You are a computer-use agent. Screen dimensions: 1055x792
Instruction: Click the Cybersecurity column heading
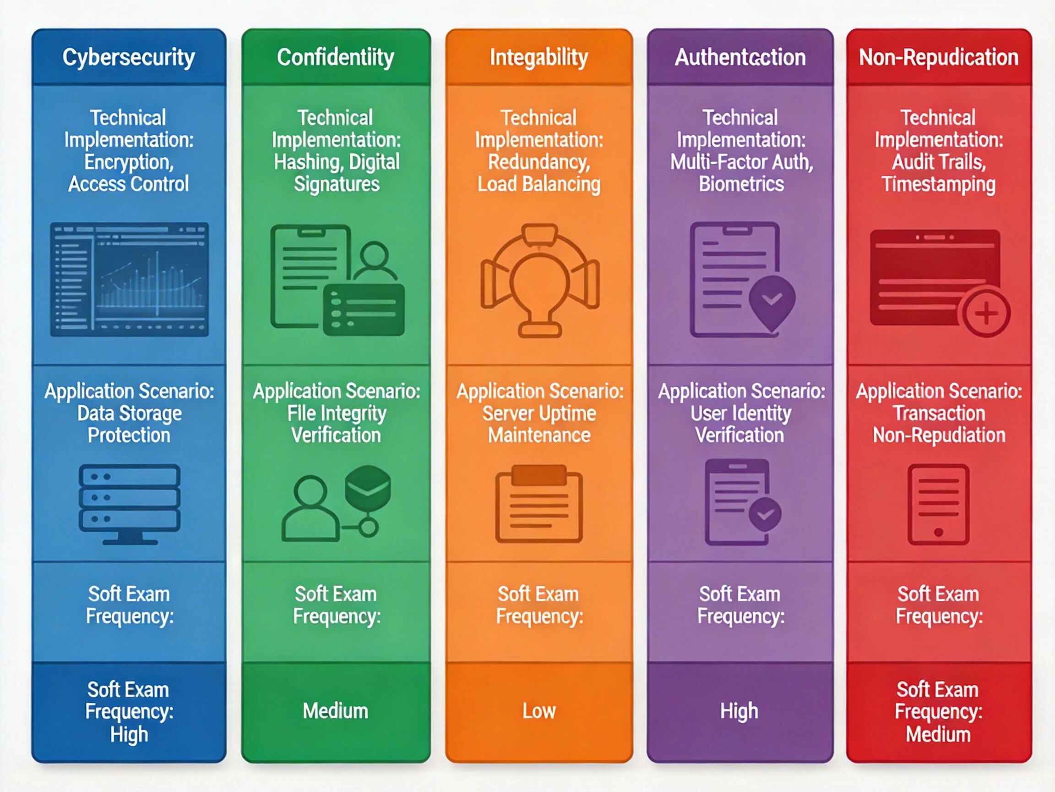click(129, 58)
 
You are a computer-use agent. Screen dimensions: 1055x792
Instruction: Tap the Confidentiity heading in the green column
click(336, 58)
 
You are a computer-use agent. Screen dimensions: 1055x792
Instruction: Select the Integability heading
click(539, 58)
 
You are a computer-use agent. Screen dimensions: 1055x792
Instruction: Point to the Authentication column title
click(740, 58)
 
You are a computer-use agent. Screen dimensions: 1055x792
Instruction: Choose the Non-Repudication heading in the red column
click(939, 58)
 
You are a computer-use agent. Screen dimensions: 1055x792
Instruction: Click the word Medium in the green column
click(336, 711)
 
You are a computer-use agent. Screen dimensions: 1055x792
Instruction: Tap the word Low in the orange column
click(539, 711)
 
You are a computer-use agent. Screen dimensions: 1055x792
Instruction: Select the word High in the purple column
click(739, 711)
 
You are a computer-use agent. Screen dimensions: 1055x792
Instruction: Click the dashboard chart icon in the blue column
click(129, 279)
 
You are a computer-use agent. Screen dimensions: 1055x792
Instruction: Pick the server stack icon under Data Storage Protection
click(129, 504)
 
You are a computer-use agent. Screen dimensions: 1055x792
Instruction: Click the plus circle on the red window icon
click(986, 313)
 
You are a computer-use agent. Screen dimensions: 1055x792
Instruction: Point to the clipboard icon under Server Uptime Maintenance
click(539, 505)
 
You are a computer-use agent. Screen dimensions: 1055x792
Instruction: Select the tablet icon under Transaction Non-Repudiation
click(938, 505)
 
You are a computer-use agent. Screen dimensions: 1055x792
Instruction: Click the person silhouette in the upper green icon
click(375, 260)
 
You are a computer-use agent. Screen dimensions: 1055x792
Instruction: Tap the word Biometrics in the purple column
click(741, 184)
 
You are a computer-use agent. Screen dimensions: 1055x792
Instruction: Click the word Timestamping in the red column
click(939, 184)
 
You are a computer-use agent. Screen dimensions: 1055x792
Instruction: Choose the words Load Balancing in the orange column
click(539, 184)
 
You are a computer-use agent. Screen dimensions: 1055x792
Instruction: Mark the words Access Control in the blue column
click(129, 184)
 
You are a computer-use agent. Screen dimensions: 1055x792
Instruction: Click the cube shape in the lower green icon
click(368, 487)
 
